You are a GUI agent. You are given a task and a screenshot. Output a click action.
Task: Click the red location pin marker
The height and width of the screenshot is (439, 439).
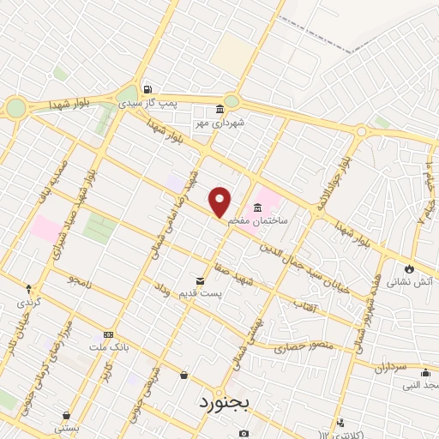click(x=220, y=201)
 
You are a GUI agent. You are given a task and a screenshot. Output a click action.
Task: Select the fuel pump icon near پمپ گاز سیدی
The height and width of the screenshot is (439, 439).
click(x=148, y=89)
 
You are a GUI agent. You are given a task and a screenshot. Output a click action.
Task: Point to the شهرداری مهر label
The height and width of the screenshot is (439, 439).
click(x=219, y=123)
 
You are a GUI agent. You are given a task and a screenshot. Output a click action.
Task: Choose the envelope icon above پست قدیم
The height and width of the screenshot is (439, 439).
click(x=201, y=280)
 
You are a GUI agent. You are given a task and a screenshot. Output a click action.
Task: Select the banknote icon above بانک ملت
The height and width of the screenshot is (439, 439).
click(x=108, y=334)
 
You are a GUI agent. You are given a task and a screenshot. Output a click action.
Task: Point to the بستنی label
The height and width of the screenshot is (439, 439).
click(x=67, y=427)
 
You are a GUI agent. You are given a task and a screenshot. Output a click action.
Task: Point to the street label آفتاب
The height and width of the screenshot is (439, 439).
click(x=305, y=305)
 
